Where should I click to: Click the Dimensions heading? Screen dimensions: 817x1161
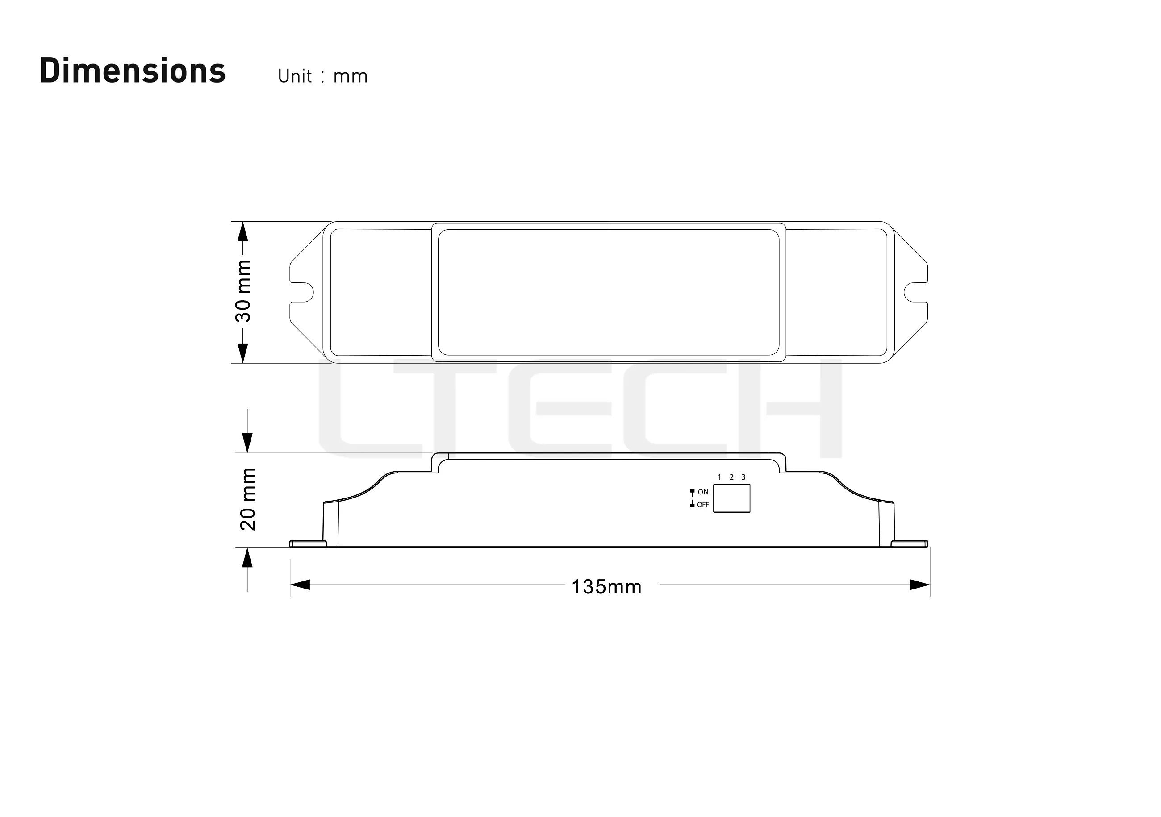click(x=133, y=71)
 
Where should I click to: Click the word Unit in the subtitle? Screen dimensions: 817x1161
click(x=295, y=76)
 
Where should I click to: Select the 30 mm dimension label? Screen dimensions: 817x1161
click(x=243, y=291)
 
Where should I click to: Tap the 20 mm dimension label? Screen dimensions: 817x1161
click(x=248, y=499)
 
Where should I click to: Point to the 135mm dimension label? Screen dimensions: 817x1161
click(x=606, y=587)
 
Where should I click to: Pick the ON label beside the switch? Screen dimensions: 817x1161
click(x=703, y=492)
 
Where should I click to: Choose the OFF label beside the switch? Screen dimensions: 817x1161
click(x=703, y=505)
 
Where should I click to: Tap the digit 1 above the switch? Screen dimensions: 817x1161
click(x=719, y=477)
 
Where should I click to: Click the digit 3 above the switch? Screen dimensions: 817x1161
click(x=743, y=477)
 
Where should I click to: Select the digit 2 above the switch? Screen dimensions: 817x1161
click(x=731, y=477)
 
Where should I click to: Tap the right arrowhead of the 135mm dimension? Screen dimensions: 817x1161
click(x=920, y=585)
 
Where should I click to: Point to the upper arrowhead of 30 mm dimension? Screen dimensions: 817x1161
click(x=243, y=232)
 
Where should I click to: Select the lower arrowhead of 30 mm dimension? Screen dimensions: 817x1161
click(x=243, y=353)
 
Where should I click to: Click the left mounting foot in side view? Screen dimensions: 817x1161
click(x=308, y=543)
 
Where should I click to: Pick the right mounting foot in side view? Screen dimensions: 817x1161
click(x=909, y=543)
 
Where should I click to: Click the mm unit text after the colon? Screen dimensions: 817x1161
click(x=351, y=77)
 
